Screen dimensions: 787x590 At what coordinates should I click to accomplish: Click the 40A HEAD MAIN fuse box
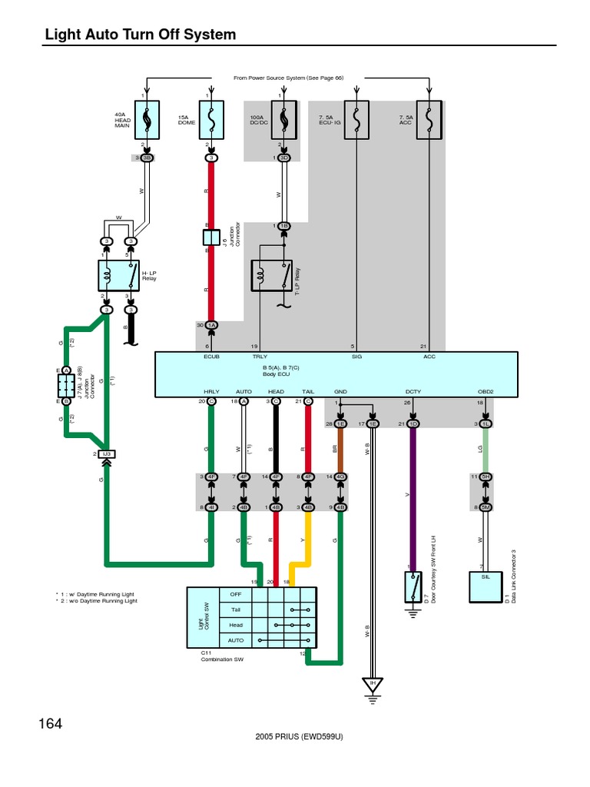click(147, 120)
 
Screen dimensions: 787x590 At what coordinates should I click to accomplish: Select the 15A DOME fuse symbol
click(211, 120)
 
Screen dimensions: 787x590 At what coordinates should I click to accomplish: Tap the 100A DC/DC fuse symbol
click(283, 120)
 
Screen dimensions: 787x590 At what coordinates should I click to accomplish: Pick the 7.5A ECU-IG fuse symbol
click(356, 120)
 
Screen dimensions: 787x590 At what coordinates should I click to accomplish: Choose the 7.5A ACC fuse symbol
click(429, 120)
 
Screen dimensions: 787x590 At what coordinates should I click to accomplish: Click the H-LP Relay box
click(118, 274)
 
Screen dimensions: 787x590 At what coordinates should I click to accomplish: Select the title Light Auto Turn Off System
click(141, 35)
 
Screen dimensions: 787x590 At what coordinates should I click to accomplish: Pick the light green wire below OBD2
click(485, 450)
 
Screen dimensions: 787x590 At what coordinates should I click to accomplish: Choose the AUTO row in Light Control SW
click(262, 639)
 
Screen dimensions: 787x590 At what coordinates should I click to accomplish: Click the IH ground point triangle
click(373, 684)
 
